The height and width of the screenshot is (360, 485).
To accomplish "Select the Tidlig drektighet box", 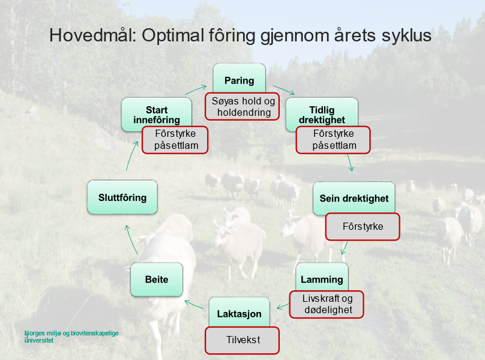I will [x=321, y=112].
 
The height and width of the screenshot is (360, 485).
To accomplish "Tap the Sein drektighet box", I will [x=354, y=198].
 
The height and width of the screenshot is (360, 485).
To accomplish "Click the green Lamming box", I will [x=322, y=278].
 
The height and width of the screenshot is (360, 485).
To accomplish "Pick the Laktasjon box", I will [x=239, y=312].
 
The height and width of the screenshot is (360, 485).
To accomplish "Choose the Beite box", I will [x=156, y=279].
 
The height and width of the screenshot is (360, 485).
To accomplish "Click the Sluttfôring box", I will [x=122, y=197].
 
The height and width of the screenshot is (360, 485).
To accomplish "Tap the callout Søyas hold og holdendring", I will [x=244, y=107].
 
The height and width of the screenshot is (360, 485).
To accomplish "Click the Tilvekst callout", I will [x=242, y=340].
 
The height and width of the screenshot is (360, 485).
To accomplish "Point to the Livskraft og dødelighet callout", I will [x=327, y=304].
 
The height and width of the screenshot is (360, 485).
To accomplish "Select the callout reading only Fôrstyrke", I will [x=363, y=227].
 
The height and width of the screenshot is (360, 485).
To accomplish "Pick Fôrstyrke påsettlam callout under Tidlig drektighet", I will [x=333, y=139].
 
